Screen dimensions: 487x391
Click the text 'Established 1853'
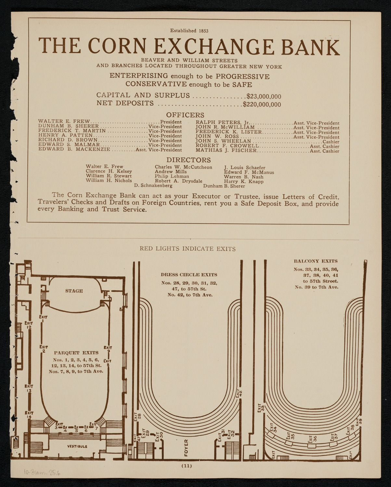tap(189, 31)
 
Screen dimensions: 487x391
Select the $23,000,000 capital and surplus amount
tap(264, 96)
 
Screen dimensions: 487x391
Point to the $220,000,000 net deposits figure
tap(262, 104)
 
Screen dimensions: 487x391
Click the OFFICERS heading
tap(185, 115)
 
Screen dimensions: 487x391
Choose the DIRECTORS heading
tap(189, 160)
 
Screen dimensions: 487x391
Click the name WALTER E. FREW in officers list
tap(64, 121)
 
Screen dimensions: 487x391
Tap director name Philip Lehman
tap(172, 176)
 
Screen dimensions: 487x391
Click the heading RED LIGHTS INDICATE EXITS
tap(188, 249)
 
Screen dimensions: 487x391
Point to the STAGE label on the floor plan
tap(74, 291)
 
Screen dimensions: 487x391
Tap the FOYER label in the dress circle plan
tap(186, 447)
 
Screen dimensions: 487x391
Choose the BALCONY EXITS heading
tap(315, 261)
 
